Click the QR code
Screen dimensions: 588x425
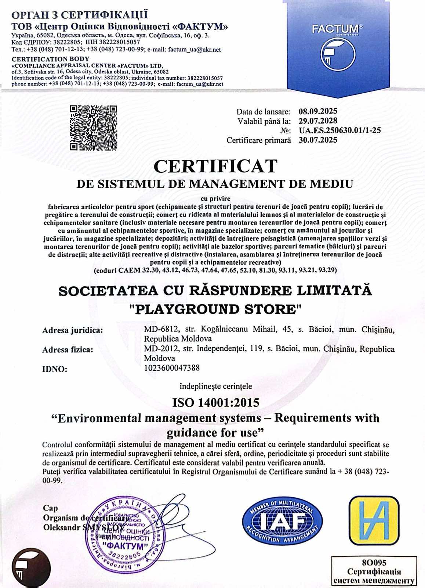pos(93,128)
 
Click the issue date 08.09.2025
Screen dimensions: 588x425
pos(318,111)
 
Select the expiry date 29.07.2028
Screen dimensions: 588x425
pos(318,121)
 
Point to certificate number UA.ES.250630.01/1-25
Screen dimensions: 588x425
pos(339,130)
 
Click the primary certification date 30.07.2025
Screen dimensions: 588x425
pos(318,140)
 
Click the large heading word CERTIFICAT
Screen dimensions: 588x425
pos(215,166)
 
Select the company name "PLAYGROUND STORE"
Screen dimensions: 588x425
pos(215,309)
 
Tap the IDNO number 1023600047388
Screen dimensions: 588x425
pos(172,368)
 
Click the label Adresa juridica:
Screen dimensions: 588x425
pos(72,330)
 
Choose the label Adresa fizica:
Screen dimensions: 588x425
pos(68,350)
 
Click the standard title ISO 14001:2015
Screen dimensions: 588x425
pos(215,403)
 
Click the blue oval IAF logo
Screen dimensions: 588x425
pos(282,521)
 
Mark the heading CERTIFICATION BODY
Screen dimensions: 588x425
pos(50,59)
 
